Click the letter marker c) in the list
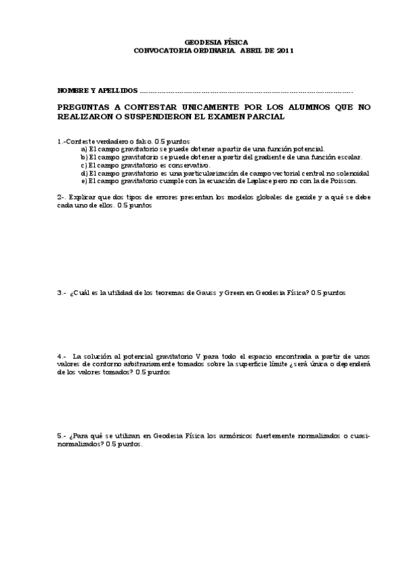(84, 165)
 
